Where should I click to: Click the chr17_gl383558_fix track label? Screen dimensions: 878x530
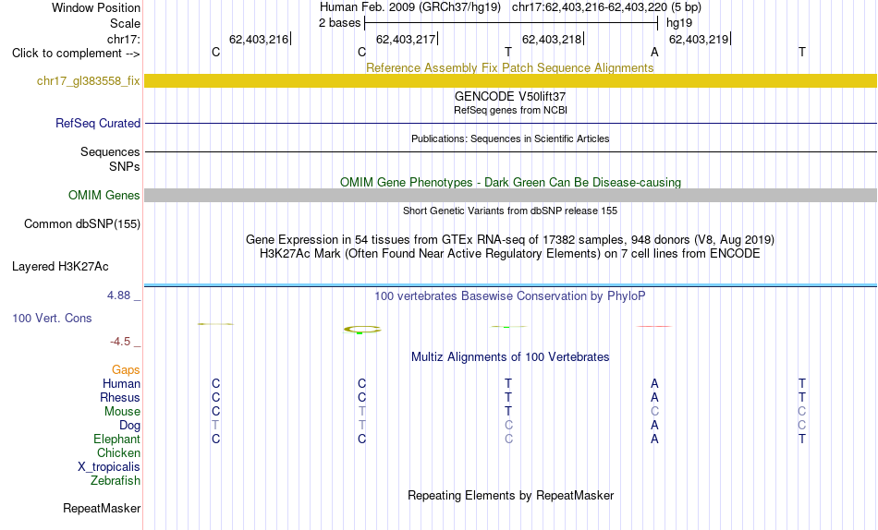point(89,80)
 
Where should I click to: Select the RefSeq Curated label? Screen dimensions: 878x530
point(98,123)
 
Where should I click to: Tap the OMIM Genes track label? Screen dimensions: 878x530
point(104,196)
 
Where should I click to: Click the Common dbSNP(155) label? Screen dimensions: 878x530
point(82,223)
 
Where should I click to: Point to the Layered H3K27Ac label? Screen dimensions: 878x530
point(60,267)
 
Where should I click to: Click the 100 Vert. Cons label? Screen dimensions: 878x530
point(52,318)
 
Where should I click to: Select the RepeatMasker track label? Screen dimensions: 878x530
point(102,508)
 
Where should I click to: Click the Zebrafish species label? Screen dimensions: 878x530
point(116,481)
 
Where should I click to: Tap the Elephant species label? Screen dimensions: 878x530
point(117,440)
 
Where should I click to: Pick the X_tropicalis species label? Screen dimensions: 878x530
point(109,467)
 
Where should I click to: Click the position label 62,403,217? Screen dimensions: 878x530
point(406,39)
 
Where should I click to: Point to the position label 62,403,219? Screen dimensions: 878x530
point(699,39)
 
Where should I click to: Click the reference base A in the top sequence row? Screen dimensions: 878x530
point(654,52)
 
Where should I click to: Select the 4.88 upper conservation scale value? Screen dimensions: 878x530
point(118,295)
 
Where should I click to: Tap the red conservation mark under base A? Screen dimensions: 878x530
point(654,326)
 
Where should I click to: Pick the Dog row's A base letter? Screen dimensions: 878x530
point(654,426)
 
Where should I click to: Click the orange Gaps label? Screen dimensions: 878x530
point(126,370)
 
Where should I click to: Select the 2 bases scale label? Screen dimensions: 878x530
point(340,23)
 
